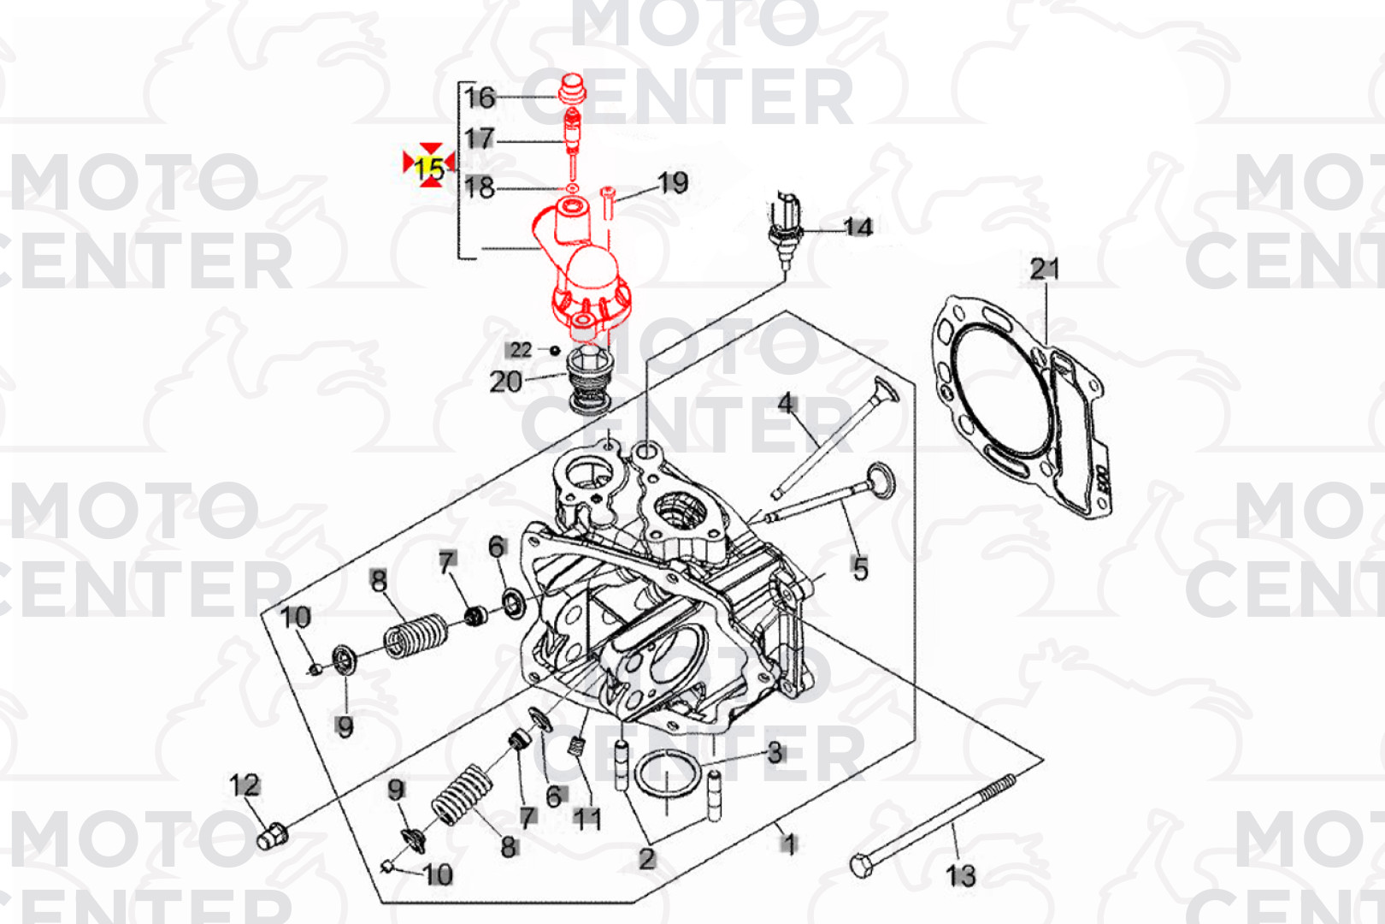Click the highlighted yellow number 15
point(428,169)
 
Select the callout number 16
point(480,98)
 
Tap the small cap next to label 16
point(571,91)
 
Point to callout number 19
point(673,182)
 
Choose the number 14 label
point(858,227)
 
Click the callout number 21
point(1045,269)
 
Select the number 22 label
point(520,350)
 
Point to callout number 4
point(785,403)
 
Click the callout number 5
point(860,568)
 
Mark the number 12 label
point(245,785)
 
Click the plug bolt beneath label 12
point(272,837)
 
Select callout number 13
point(961,876)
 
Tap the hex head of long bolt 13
point(861,865)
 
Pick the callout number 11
point(586,819)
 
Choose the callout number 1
point(788,844)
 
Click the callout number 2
point(646,859)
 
